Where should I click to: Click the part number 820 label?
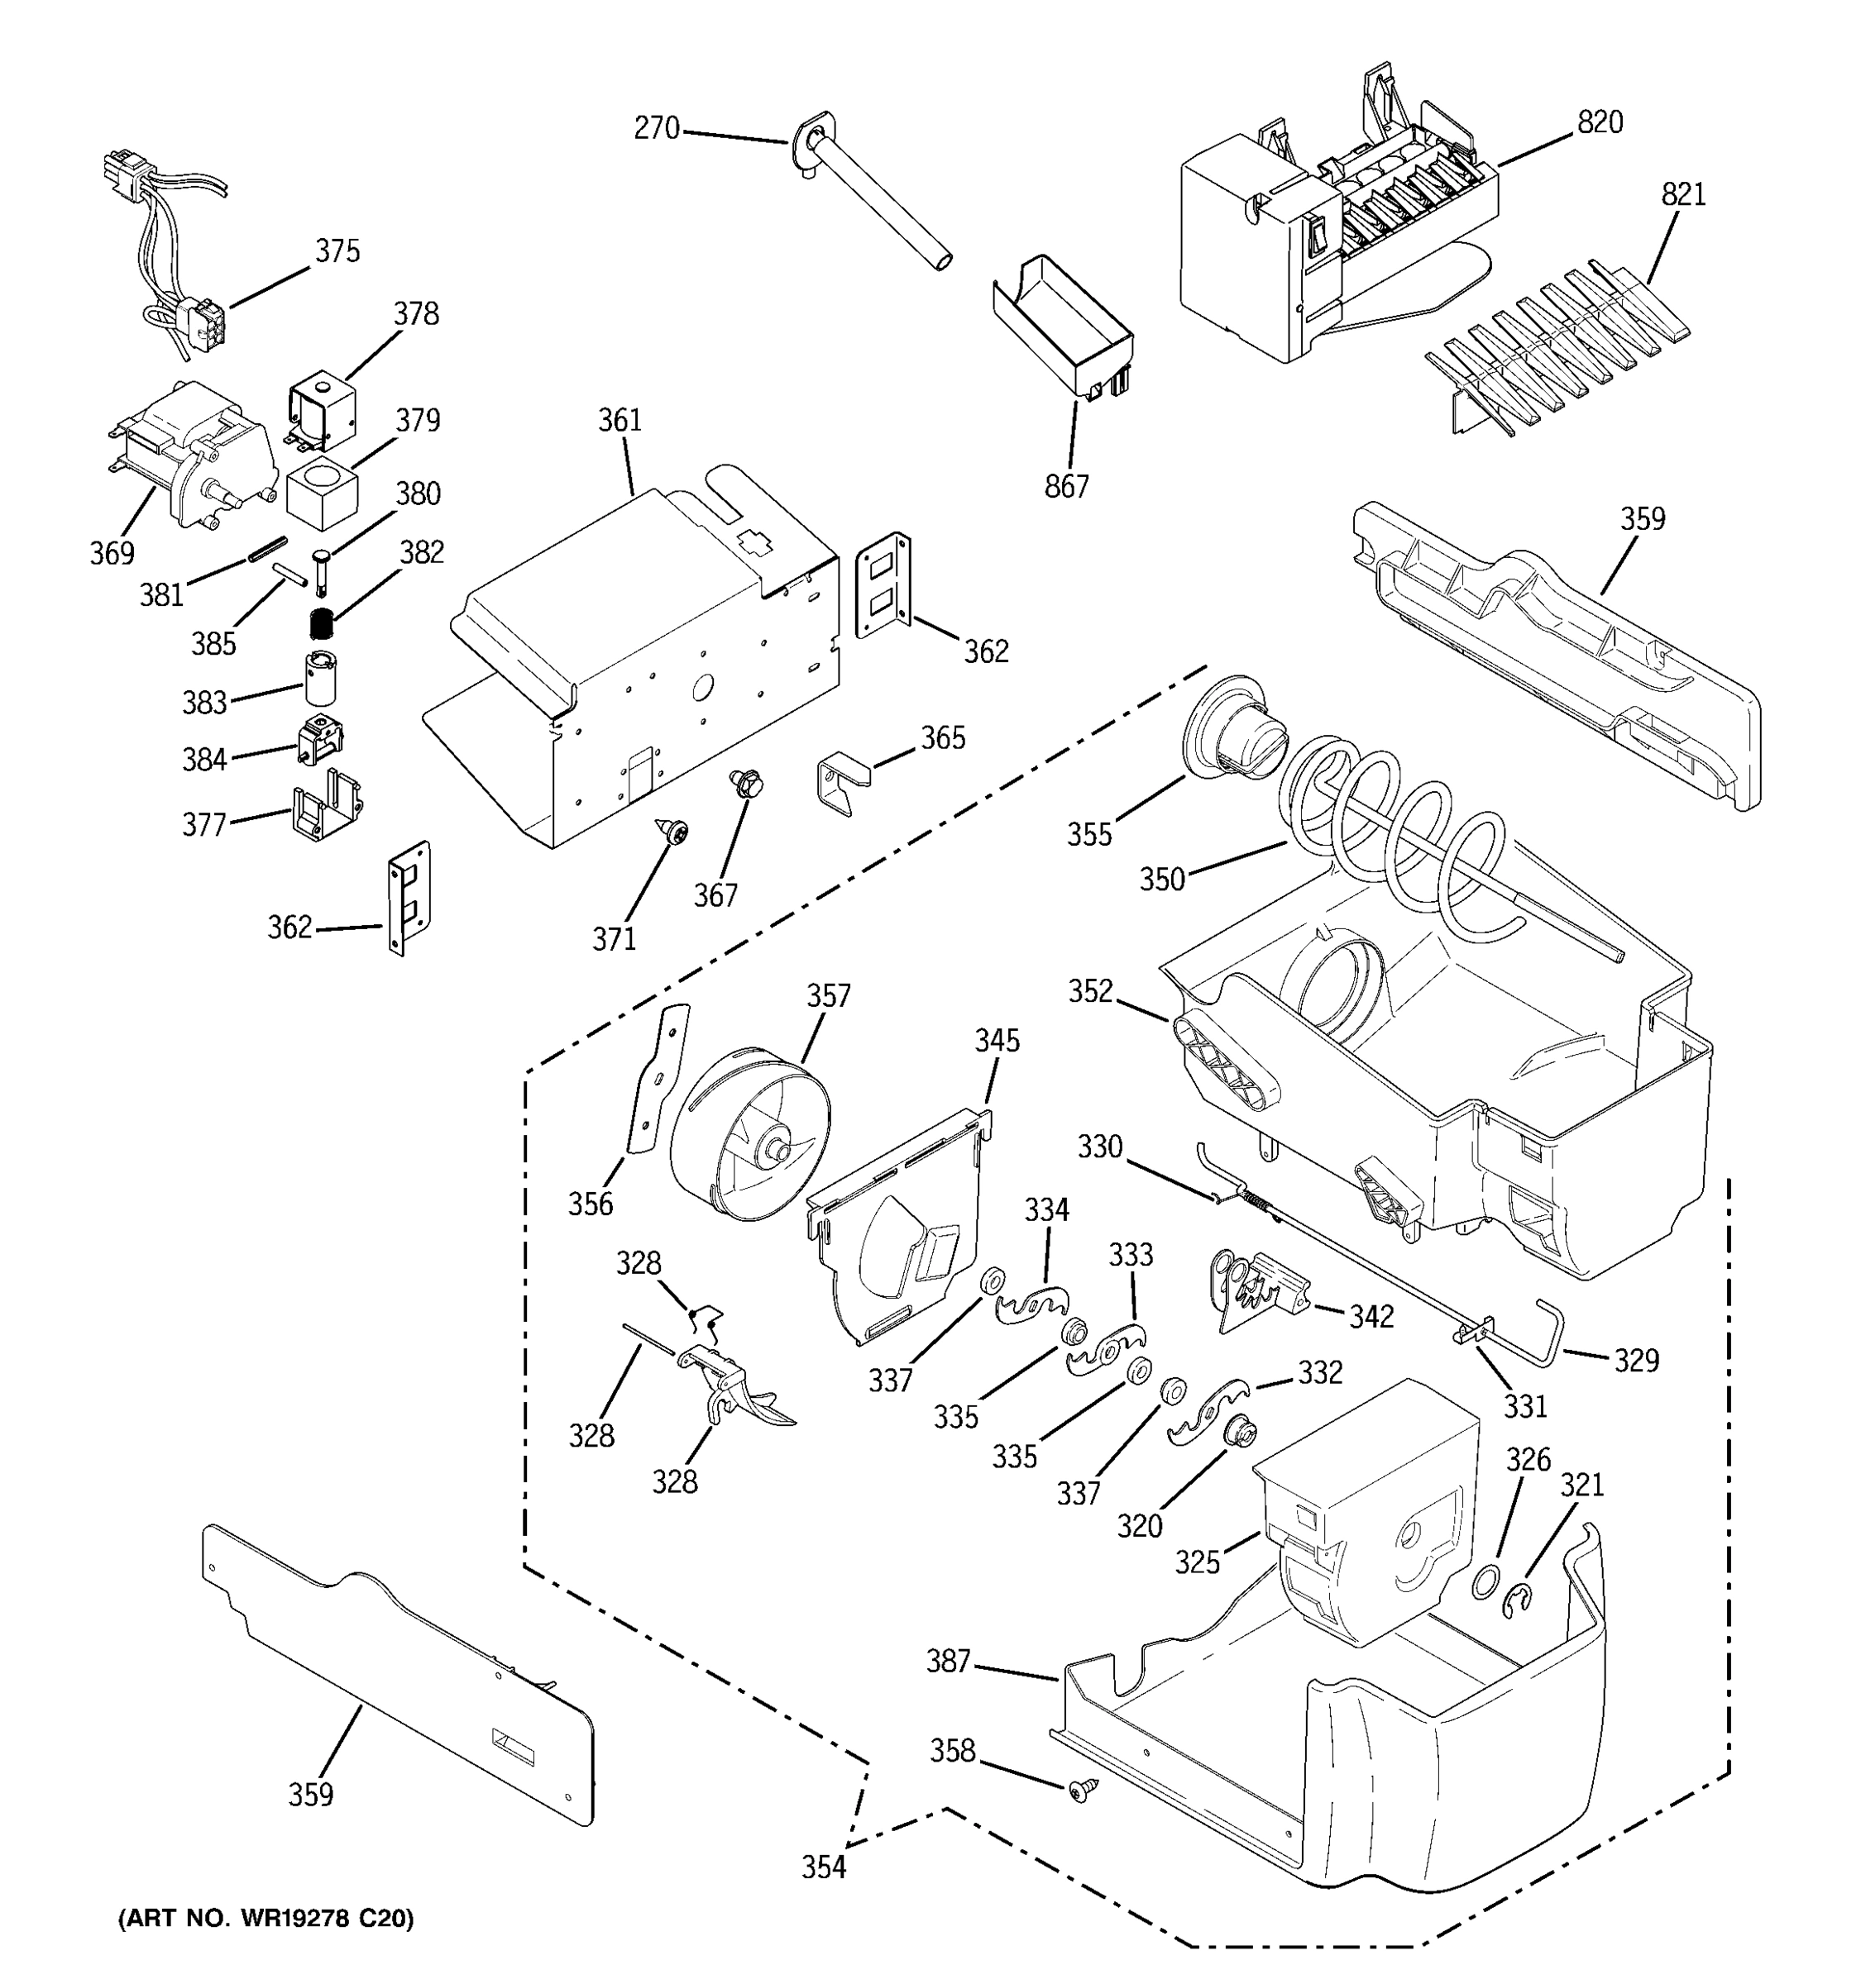click(1600, 122)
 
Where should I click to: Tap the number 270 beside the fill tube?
click(657, 129)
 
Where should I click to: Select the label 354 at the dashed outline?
click(824, 1867)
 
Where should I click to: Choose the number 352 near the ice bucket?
click(1090, 991)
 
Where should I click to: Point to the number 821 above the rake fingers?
click(1683, 193)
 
